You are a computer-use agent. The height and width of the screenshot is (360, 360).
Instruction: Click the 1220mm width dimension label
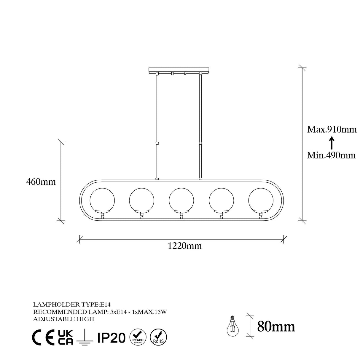[185, 246]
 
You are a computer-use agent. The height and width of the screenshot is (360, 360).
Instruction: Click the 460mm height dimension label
[41, 181]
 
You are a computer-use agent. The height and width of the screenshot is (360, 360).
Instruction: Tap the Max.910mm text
[332, 129]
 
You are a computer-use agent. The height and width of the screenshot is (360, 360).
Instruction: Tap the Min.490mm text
[331, 155]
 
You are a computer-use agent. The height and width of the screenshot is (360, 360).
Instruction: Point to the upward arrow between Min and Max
[332, 143]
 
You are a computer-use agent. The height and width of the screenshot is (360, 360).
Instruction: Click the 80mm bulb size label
[276, 326]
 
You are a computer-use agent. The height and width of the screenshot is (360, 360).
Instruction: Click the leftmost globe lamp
[102, 200]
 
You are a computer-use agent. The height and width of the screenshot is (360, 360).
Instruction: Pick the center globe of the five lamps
[181, 200]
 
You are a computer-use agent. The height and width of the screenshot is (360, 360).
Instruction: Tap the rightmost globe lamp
[261, 200]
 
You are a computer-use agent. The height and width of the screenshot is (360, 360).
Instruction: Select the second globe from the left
[141, 200]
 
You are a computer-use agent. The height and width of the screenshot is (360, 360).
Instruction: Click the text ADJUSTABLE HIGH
[63, 319]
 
